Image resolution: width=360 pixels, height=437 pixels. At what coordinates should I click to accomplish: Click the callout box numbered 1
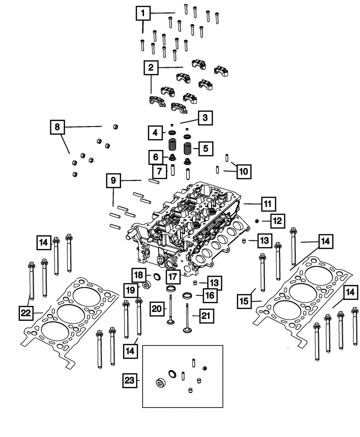pos(143,14)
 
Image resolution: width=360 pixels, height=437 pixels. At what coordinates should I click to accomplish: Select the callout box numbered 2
pos(151,67)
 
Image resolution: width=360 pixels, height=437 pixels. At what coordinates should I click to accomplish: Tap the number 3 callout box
pos(205,117)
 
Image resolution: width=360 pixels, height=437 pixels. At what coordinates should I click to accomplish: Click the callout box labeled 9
pos(113,180)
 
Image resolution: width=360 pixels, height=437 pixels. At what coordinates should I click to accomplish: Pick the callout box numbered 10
pos(244,171)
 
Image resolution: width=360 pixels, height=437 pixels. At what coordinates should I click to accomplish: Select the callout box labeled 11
pos(268,204)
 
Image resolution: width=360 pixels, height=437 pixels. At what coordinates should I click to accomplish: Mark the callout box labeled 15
pos(244,301)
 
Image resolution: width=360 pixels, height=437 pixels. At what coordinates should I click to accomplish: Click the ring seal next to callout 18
pos(157,276)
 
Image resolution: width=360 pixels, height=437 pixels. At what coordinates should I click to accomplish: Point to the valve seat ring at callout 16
pos(188,296)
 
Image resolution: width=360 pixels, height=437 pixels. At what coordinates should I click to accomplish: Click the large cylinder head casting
pos(187,227)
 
